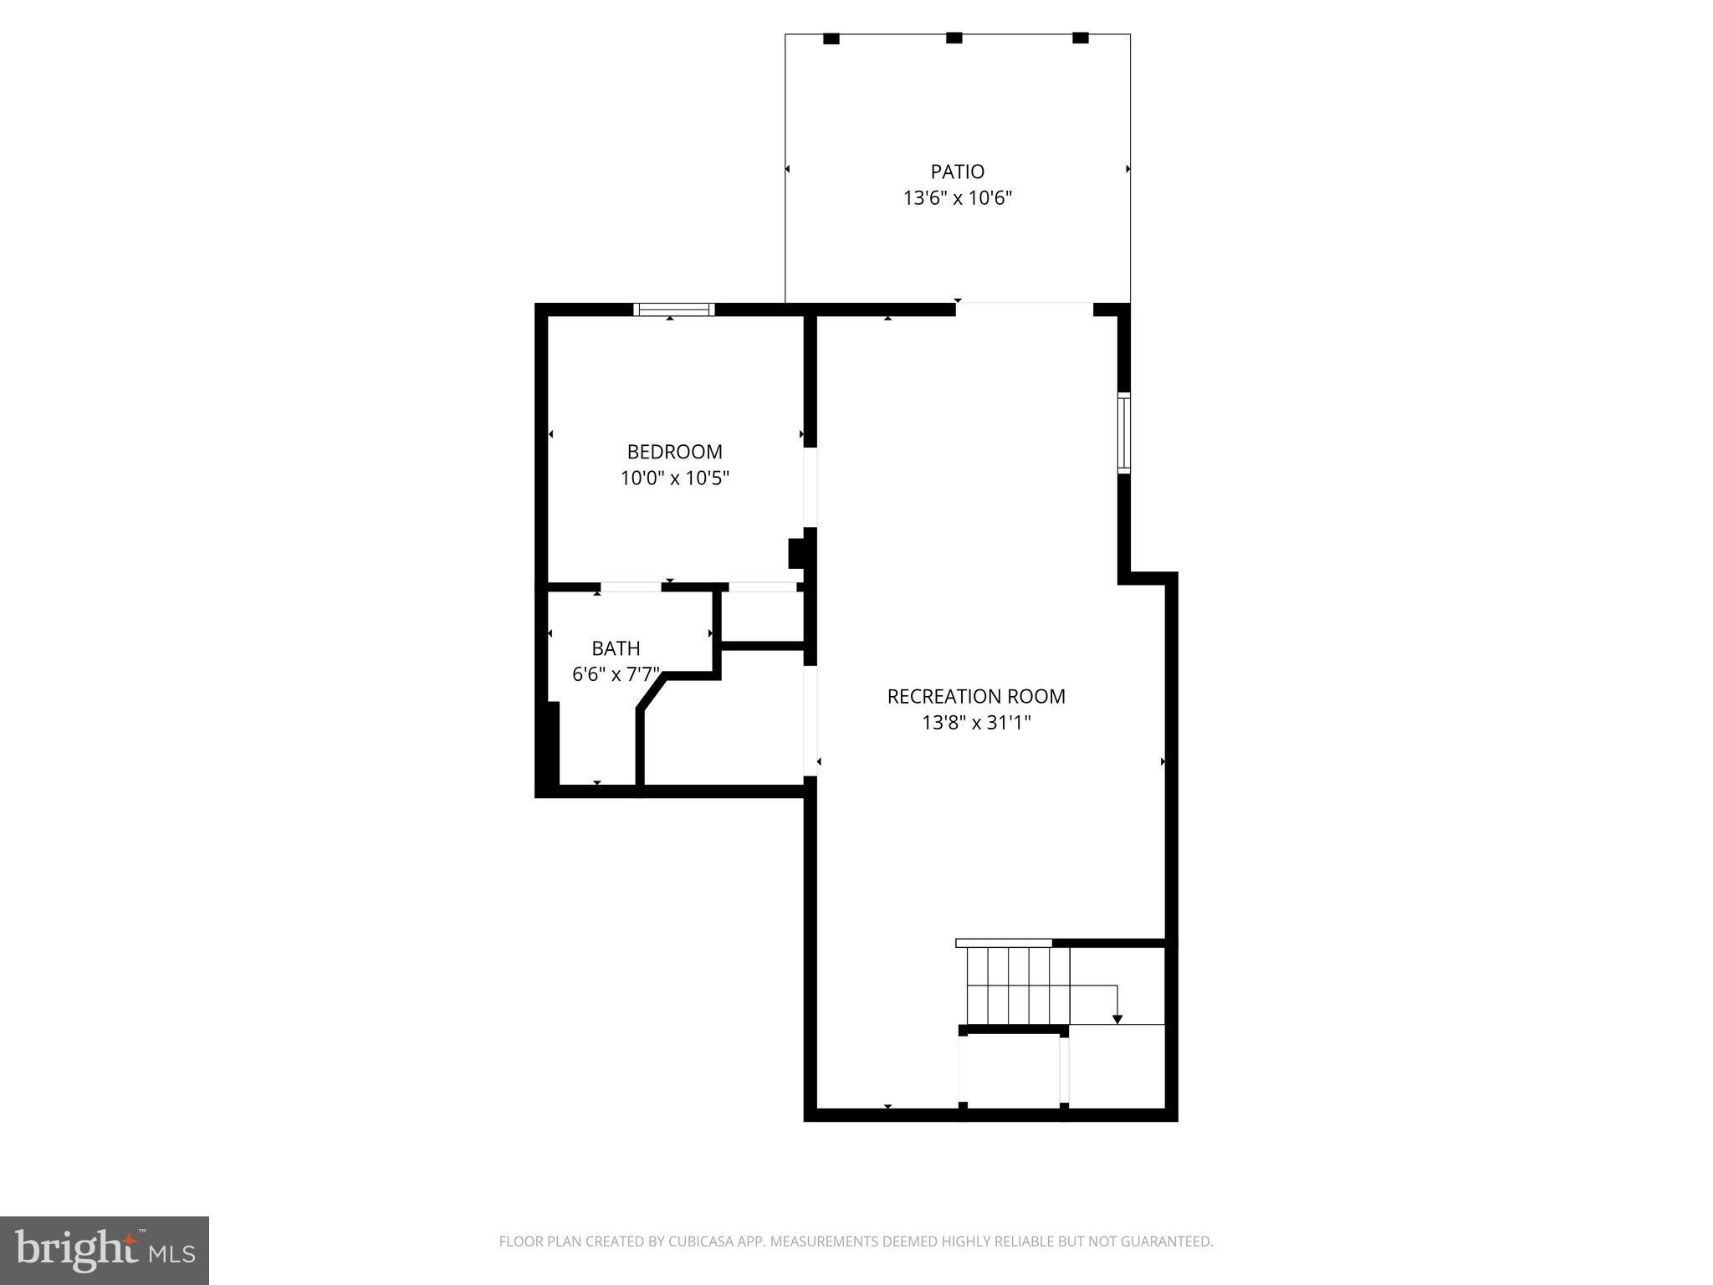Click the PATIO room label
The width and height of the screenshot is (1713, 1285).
[957, 172]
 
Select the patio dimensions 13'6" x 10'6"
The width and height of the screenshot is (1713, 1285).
[957, 198]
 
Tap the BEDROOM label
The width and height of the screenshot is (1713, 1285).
[674, 452]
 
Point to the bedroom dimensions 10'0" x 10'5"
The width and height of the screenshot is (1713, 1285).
[674, 479]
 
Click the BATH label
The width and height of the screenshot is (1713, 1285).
[616, 648]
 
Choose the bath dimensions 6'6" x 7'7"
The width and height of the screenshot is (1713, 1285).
[616, 674]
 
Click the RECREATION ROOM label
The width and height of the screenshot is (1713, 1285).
[975, 696]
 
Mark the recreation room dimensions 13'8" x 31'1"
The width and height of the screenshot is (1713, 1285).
[975, 723]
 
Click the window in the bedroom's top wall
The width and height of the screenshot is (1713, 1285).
[674, 310]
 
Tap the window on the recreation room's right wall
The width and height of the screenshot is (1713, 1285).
[1124, 433]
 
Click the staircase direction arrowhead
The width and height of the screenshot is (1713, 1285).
[1117, 1019]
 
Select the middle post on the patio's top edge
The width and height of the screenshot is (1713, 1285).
[954, 38]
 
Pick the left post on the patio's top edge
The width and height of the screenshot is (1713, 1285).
[831, 38]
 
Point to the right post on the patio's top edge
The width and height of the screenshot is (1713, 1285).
[1081, 38]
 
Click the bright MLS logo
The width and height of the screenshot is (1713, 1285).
[105, 1251]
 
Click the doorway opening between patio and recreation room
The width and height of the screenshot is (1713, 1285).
[1025, 309]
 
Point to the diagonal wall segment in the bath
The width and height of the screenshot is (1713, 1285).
[652, 694]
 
